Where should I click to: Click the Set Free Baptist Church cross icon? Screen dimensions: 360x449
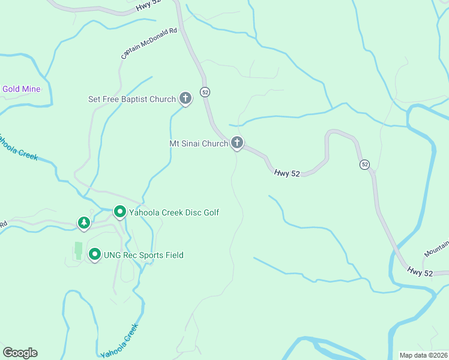coord(185,98)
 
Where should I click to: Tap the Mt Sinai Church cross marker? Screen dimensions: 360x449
coord(237,143)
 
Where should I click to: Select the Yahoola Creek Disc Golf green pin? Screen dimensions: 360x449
coord(119,211)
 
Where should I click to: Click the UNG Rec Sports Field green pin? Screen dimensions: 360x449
coord(94,254)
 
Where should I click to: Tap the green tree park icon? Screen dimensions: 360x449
coord(84,223)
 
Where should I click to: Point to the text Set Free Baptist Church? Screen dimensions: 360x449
coord(132,99)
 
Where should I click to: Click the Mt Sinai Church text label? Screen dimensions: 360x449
coord(198,143)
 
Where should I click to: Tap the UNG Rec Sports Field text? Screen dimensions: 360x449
coord(143,255)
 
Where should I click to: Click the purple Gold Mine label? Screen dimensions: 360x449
coord(21,89)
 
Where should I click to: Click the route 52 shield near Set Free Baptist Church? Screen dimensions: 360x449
coord(205,92)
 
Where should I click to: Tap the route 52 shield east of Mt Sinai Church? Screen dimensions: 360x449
coord(364,164)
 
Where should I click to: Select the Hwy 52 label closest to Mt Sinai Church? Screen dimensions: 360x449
coord(287,173)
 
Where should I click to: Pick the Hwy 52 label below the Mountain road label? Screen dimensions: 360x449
coord(418,272)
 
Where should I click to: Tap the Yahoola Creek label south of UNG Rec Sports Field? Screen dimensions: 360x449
coord(119,340)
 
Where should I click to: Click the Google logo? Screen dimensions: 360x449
coord(20,353)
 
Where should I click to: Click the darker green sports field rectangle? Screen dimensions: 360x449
coord(78,251)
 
